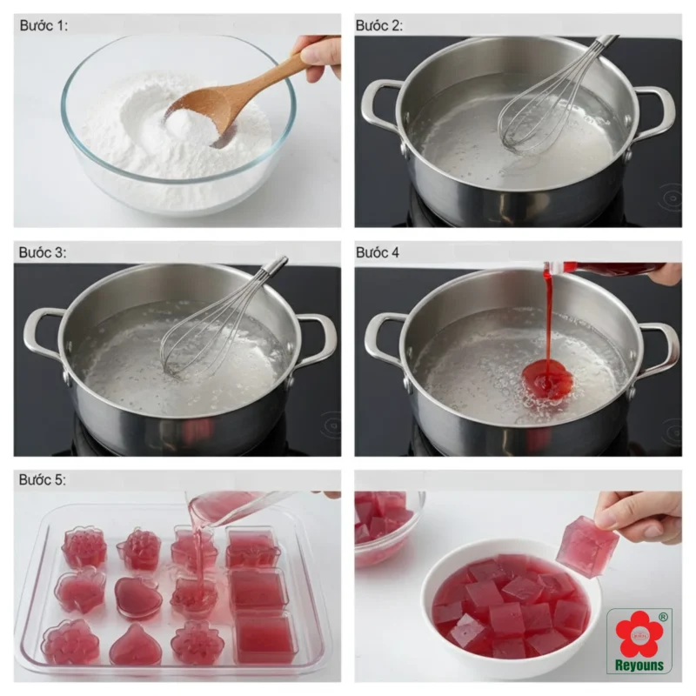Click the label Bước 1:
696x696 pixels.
coord(43,26)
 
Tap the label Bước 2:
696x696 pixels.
coord(378,26)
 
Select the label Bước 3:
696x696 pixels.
coord(42,252)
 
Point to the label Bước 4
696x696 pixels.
coord(378,252)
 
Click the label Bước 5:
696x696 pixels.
coord(42,480)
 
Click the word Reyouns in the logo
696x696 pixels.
coord(639,665)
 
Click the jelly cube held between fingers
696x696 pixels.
coord(587,547)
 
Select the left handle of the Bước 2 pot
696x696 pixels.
coord(378,104)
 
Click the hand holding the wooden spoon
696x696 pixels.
coord(318,57)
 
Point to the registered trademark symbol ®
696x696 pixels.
coord(663,617)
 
